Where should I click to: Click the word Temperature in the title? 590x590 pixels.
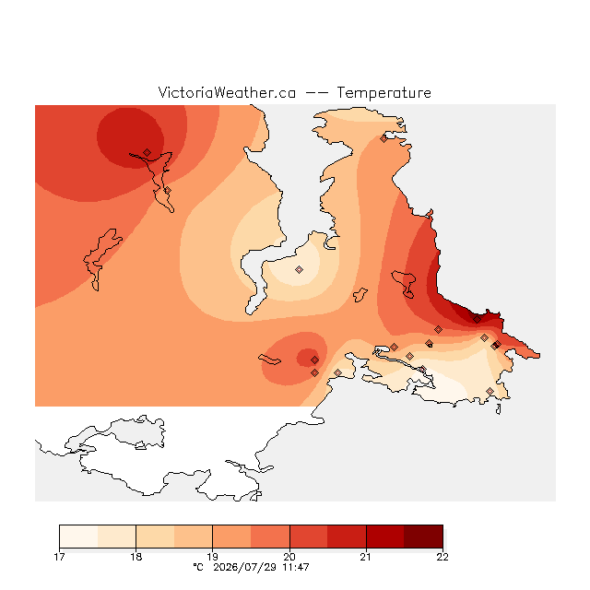click(383, 92)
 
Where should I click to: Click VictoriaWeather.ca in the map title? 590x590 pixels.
click(227, 92)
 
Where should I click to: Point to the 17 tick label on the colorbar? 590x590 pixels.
click(59, 557)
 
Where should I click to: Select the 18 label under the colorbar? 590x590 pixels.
click(136, 557)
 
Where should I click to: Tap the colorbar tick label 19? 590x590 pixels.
click(213, 557)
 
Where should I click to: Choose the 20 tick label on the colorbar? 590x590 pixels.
click(289, 557)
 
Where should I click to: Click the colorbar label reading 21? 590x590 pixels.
click(366, 557)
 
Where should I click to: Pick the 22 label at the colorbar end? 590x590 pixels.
click(442, 557)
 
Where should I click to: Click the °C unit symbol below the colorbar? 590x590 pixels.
click(198, 567)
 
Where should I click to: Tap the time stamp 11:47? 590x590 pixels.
click(296, 567)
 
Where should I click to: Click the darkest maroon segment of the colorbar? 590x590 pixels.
click(423, 537)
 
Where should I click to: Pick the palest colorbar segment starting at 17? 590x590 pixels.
click(78, 537)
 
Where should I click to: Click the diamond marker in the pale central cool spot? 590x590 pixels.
click(299, 269)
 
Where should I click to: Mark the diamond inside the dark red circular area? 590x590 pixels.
click(147, 152)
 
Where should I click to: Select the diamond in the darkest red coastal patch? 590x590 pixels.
click(477, 320)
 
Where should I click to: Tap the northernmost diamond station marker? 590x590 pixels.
click(383, 139)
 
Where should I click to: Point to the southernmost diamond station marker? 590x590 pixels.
click(490, 391)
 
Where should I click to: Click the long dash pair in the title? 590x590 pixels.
click(316, 93)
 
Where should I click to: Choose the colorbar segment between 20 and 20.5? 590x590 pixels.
click(309, 537)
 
